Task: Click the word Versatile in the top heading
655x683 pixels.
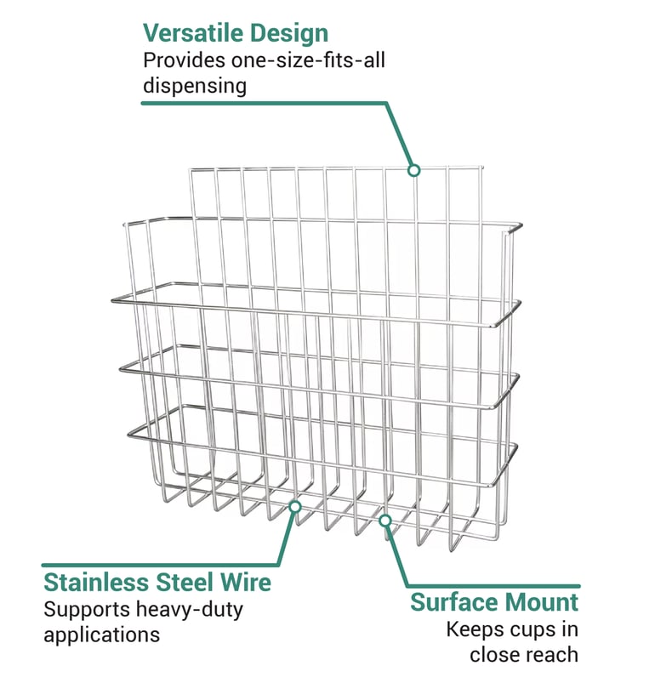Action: (193, 33)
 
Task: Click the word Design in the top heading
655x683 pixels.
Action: (288, 33)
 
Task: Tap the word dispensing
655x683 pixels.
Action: (195, 86)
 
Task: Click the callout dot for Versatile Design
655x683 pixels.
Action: (413, 170)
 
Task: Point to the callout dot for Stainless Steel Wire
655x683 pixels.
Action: (295, 506)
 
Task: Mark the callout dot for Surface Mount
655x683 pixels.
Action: (385, 520)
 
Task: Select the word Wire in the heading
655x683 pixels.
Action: (247, 583)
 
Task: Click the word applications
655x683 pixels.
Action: (101, 635)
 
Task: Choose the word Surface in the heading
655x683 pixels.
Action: (460, 603)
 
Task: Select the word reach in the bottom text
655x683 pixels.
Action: (550, 655)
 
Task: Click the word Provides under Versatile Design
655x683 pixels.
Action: (178, 60)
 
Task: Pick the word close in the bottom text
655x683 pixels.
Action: (493, 655)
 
